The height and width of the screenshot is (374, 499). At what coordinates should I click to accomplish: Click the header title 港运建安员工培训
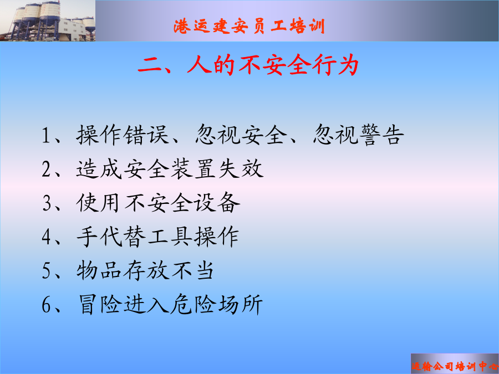click(249, 25)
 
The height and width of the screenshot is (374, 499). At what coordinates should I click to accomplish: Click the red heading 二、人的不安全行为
click(248, 65)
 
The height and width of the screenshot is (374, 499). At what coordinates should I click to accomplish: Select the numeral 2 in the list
click(47, 169)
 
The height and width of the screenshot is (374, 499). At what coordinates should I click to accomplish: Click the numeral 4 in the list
click(47, 237)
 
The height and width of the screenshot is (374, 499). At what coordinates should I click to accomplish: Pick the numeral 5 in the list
click(47, 271)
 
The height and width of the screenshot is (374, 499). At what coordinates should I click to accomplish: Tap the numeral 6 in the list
click(47, 305)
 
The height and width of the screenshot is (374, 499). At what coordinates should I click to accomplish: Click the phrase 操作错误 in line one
click(123, 135)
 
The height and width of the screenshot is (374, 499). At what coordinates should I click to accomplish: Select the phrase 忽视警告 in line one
click(359, 135)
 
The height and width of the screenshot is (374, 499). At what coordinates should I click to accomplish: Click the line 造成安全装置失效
click(170, 169)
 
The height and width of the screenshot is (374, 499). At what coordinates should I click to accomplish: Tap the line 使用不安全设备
click(158, 203)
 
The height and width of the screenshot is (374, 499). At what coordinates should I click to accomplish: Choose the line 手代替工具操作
click(158, 237)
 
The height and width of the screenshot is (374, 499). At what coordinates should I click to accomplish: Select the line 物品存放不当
click(145, 271)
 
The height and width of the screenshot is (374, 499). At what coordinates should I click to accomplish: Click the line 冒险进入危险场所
click(171, 305)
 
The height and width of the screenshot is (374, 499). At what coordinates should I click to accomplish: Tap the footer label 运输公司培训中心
click(455, 366)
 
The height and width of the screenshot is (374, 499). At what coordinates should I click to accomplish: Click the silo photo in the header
click(48, 21)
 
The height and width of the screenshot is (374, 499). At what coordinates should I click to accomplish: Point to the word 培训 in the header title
click(307, 26)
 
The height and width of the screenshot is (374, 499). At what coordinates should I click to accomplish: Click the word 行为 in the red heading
click(335, 65)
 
